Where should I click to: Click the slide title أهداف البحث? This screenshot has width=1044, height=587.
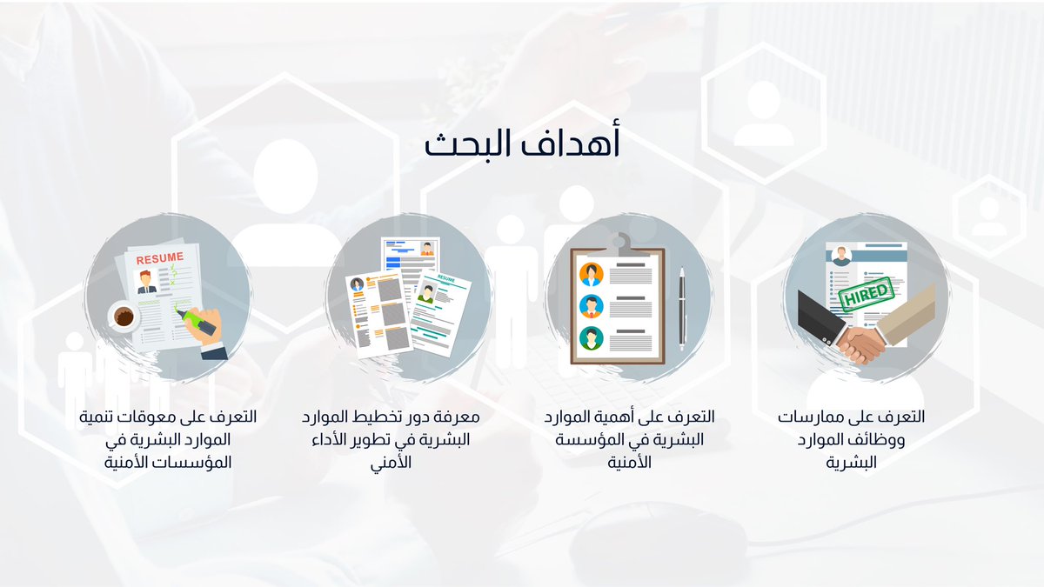[522, 144]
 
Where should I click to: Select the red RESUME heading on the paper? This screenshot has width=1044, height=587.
[159, 257]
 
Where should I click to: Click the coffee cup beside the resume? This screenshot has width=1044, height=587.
[124, 317]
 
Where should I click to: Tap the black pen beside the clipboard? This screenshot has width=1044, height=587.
[681, 308]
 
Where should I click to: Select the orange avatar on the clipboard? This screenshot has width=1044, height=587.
[591, 275]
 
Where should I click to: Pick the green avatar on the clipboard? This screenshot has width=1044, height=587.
[591, 337]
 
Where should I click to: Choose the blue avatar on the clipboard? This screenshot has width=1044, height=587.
[591, 306]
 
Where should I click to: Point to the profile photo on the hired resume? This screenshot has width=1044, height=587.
[841, 257]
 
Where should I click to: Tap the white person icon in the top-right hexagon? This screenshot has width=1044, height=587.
[763, 115]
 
